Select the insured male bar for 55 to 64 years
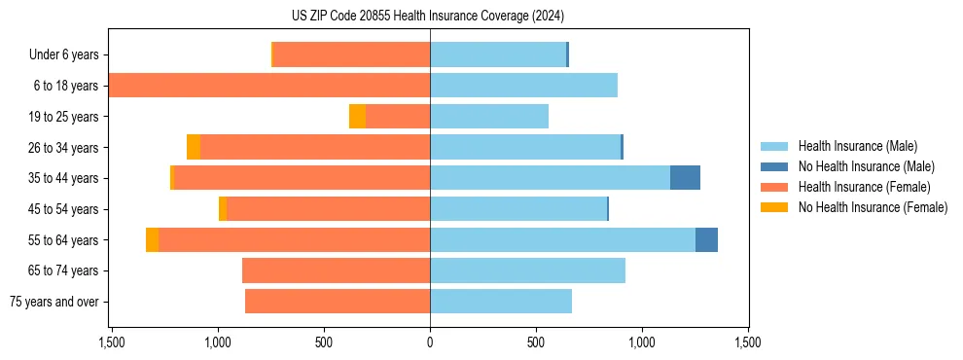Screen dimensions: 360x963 (x=562, y=239)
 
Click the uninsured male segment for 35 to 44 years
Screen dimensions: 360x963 (x=685, y=178)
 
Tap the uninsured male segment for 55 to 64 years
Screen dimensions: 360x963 (x=706, y=239)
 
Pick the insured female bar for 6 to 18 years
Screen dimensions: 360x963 (x=269, y=86)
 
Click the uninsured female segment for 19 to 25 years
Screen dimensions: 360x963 (x=357, y=117)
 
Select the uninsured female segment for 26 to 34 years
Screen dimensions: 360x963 (x=194, y=147)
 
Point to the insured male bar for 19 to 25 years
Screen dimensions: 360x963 (x=489, y=117)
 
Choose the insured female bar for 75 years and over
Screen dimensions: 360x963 (x=338, y=302)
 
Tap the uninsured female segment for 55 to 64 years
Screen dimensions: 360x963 (x=152, y=239)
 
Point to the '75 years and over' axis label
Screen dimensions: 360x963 (x=54, y=302)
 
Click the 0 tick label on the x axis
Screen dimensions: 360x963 (x=430, y=343)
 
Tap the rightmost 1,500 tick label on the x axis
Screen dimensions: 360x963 (x=747, y=343)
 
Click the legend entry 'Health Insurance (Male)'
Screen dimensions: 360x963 (x=857, y=147)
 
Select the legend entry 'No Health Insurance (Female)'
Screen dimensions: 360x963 (x=873, y=207)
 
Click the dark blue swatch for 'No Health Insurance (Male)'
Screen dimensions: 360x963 (x=774, y=167)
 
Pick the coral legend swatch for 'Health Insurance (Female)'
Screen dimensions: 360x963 (x=774, y=187)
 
